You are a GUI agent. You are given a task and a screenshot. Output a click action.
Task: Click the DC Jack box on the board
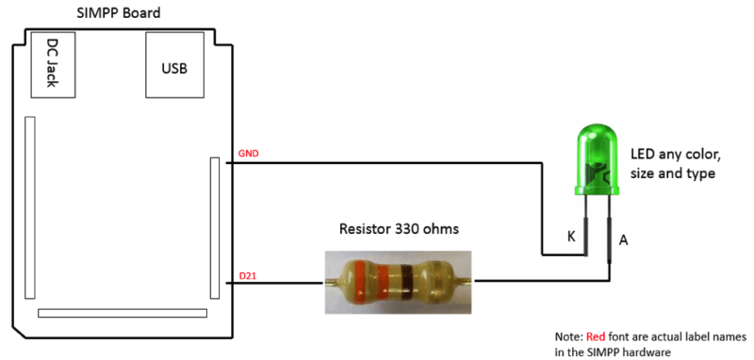[x=52, y=64]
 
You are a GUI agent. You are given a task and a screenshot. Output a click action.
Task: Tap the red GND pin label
[x=248, y=153]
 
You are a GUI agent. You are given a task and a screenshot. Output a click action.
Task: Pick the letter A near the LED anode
[x=623, y=240]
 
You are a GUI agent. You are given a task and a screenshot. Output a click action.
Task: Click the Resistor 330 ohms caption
[x=400, y=229]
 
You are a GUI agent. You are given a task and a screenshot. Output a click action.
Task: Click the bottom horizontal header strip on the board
[x=122, y=313]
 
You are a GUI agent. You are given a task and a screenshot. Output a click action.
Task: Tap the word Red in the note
[x=596, y=335]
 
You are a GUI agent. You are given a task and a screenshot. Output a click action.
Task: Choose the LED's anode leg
[x=608, y=231]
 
